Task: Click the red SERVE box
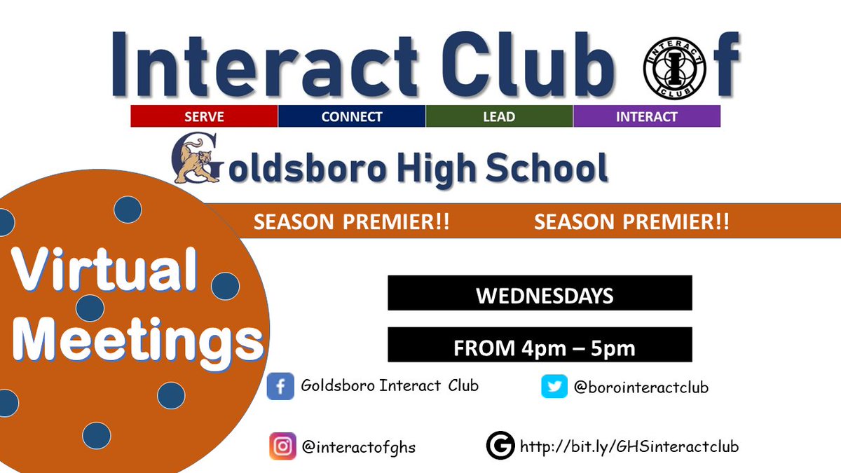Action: pos(204,116)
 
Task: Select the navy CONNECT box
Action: pos(352,116)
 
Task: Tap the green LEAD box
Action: pos(499,116)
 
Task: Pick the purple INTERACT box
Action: pos(646,116)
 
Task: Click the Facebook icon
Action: pos(280,386)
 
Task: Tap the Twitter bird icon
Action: pos(554,386)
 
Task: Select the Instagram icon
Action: pos(282,446)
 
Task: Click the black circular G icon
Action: pos(500,446)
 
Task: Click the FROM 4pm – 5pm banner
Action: pos(540,346)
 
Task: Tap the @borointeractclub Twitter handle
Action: pos(641,387)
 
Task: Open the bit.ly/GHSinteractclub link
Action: pos(629,446)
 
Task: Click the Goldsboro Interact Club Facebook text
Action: pos(390,385)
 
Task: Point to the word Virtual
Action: pos(105,271)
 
